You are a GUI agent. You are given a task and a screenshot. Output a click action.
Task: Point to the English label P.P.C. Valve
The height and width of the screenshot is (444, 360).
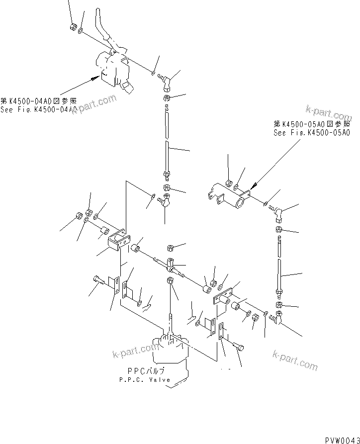(x=144, y=379)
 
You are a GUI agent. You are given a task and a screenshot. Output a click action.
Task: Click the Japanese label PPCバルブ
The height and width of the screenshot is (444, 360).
(x=145, y=371)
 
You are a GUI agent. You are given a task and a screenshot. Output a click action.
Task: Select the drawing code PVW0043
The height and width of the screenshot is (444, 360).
(x=342, y=440)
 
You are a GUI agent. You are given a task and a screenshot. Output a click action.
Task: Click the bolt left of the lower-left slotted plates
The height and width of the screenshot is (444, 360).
(x=97, y=280)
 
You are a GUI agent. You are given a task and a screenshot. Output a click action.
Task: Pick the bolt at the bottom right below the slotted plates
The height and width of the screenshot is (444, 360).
(x=238, y=347)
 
